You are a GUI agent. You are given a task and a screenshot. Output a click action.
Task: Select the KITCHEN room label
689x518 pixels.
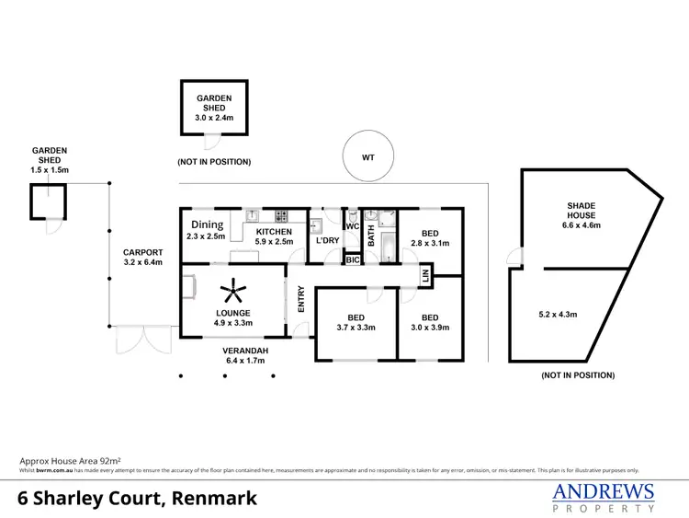274,232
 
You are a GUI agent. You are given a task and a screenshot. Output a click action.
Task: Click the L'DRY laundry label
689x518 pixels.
327,241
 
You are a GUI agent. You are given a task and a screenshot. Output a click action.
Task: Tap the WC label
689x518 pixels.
351,225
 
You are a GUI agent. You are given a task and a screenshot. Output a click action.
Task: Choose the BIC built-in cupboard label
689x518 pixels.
352,260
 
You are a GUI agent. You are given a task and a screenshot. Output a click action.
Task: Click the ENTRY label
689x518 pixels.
300,300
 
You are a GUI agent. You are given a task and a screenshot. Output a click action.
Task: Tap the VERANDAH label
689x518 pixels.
245,351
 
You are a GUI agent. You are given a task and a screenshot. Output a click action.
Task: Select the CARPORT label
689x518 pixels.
144,252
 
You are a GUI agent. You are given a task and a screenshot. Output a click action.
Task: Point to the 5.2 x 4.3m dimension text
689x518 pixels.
558,315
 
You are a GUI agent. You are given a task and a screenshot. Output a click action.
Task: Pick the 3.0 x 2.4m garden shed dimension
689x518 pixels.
213,116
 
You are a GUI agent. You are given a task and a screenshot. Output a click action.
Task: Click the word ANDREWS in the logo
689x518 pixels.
603,491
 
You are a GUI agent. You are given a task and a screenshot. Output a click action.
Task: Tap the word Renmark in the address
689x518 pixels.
212,499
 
